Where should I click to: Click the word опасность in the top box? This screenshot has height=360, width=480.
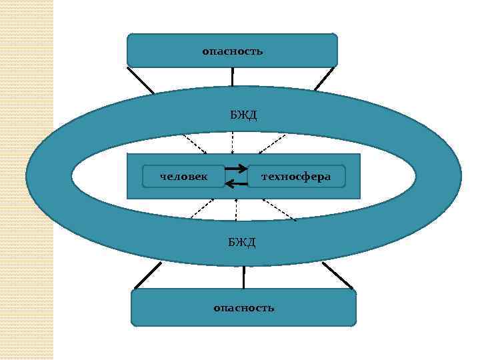[233, 51]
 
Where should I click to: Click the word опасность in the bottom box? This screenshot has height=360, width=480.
[243, 307]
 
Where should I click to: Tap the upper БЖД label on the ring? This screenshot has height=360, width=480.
[243, 115]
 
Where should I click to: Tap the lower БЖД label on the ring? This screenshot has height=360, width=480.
[242, 241]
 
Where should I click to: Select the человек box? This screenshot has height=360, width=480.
[184, 176]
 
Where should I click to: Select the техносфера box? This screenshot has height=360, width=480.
[296, 176]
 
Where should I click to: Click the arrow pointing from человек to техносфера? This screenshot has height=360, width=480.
[236, 169]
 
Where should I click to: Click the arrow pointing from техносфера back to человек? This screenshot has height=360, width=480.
[236, 183]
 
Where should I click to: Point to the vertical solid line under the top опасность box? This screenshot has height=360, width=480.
[233, 77]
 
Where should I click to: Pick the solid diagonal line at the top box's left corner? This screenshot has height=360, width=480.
[141, 80]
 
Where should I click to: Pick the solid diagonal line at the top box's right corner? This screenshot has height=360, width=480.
[324, 79]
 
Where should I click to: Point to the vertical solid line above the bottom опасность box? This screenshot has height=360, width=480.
[243, 277]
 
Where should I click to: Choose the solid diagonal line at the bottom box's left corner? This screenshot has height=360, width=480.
[147, 275]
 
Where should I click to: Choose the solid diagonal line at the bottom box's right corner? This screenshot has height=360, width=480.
[338, 275]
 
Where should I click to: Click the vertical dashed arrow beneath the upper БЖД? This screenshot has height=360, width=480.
[232, 143]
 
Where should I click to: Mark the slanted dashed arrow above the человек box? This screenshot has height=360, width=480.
[195, 143]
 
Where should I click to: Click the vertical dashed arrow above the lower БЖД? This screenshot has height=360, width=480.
[235, 210]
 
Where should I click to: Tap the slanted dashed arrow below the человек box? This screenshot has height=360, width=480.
[198, 209]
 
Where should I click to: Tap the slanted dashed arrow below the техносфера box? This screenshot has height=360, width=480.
[279, 210]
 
